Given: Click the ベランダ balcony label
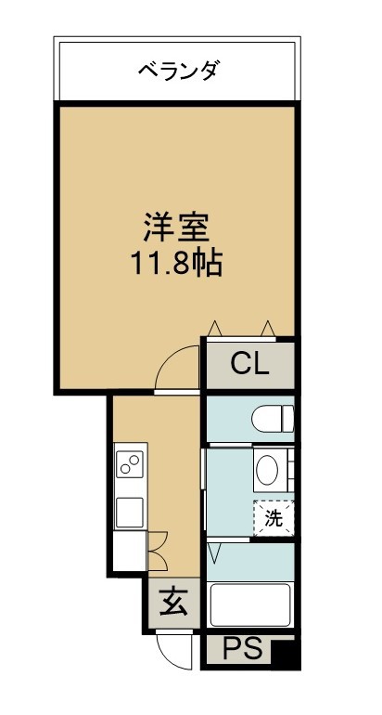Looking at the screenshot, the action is point(179,71).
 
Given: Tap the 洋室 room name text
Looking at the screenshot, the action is point(176,227).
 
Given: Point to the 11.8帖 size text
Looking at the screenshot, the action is point(177,264).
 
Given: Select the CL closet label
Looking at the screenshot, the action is point(249,364).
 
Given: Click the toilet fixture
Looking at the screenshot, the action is point(273,419).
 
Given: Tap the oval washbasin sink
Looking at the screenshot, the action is point(267,470).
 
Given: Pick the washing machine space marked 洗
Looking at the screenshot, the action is point(274,518).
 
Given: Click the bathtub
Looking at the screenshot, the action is point(250,604).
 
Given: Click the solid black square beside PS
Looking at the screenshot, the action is point(285,654).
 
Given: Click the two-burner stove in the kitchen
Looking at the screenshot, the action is point(130,464).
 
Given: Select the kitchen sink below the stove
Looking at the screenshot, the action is point(130,513).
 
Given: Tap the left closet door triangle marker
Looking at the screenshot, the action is point(214,329).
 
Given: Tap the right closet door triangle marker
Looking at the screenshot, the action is point(268,329).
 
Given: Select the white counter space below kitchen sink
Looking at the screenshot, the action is point(130,551).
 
